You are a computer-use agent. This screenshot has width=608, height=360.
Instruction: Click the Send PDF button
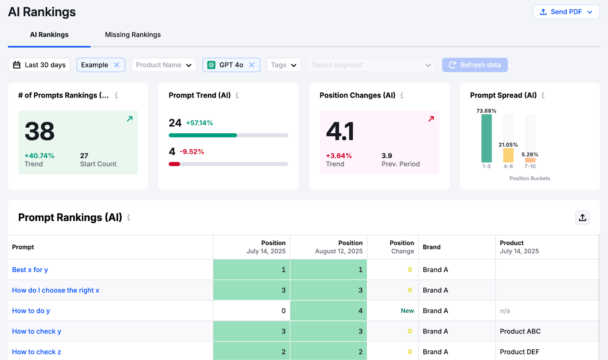pos(566,12)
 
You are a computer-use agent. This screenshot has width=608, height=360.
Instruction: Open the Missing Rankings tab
pos(133,35)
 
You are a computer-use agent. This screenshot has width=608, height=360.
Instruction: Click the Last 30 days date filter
pos(39,65)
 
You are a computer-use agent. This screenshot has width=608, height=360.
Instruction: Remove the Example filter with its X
pos(117,65)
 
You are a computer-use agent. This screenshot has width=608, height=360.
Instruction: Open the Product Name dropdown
pos(164,65)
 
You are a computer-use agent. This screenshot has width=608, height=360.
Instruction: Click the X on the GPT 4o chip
pos(252,65)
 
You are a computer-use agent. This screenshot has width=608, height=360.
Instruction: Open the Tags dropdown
pos(283,65)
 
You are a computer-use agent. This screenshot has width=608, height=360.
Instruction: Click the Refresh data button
pos(475,65)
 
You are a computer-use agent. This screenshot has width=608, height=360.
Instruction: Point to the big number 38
pos(40,131)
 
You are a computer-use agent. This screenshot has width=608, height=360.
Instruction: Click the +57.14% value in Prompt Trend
pos(199,123)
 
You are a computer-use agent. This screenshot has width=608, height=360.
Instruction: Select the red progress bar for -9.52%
pos(174,164)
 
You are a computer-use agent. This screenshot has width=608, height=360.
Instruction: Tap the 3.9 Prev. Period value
pos(387,156)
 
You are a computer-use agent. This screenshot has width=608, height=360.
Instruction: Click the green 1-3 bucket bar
pos(486,139)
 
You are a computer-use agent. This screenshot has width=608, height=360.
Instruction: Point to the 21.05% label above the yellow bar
pos(508,145)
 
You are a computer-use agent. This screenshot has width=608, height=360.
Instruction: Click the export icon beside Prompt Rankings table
pos(582,218)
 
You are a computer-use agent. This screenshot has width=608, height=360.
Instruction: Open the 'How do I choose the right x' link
pos(55,291)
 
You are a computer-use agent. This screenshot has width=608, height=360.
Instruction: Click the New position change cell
pos(407,311)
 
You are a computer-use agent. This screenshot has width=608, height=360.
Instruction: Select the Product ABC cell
pos(520,331)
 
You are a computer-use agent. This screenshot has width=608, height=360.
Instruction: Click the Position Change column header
pos(402,247)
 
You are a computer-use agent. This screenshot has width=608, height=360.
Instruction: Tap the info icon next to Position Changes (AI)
pos(402,95)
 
